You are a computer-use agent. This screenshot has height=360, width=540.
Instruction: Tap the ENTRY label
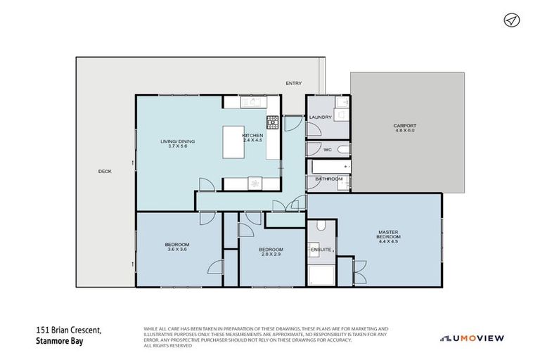[293, 84]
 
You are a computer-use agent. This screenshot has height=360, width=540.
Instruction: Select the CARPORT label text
[405, 126]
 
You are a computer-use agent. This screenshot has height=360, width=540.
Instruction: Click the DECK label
[104, 171]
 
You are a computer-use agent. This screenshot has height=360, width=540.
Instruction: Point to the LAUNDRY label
[320, 117]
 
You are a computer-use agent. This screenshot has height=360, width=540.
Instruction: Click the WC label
[328, 150]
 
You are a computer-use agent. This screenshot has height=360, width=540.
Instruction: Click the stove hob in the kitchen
[272, 122]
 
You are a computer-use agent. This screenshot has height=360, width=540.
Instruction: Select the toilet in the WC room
[342, 150]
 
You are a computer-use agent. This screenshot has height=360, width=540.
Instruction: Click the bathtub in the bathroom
[330, 167]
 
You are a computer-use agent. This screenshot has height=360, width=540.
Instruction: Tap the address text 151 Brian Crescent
[69, 329]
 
